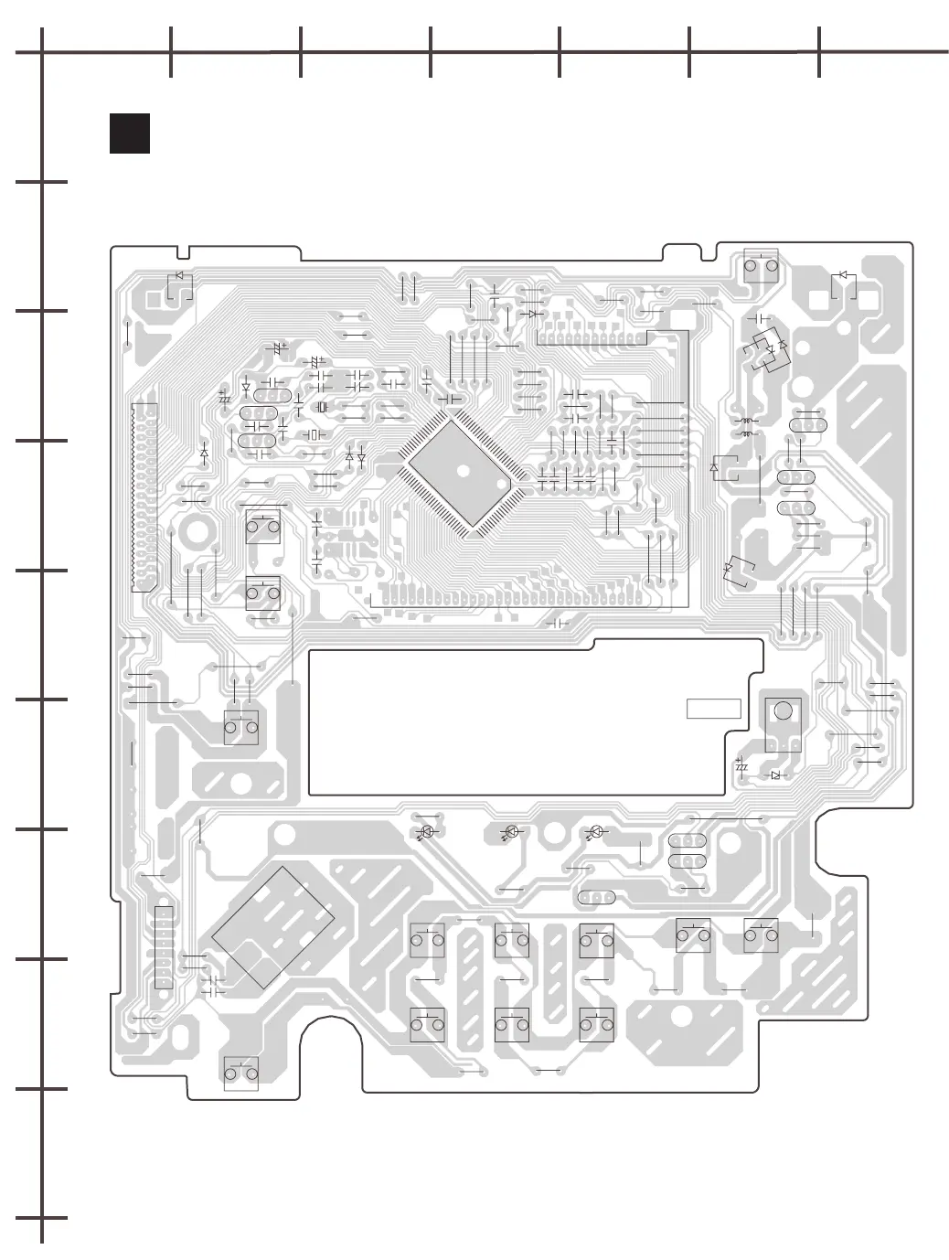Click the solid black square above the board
(129, 133)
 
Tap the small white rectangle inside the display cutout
(713, 708)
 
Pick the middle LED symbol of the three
(512, 832)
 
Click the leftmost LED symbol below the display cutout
(426, 832)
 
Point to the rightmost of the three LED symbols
(596, 832)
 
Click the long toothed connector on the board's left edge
(144, 497)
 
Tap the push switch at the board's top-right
(761, 265)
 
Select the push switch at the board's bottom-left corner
(241, 1073)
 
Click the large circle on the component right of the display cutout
(783, 710)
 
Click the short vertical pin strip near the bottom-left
(164, 947)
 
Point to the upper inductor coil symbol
(746, 422)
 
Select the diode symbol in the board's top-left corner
(179, 275)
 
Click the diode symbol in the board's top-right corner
(843, 275)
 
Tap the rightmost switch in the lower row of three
(596, 1024)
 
